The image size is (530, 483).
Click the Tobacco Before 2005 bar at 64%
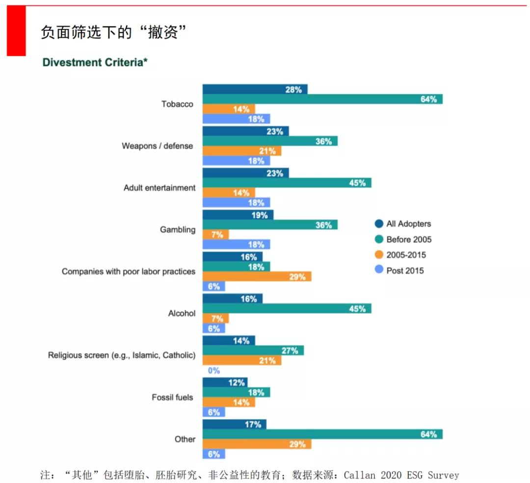point(322,99)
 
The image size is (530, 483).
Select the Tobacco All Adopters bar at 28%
point(255,89)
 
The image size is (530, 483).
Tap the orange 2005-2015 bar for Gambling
point(215,235)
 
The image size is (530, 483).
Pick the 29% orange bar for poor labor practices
point(257,277)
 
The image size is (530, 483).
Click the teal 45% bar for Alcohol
point(287,308)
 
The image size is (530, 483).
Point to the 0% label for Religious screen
point(214,371)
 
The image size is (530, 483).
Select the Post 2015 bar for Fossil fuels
point(214,412)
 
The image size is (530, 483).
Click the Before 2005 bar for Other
point(322,434)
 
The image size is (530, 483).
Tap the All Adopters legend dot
point(379,224)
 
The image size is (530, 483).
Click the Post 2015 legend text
point(405,271)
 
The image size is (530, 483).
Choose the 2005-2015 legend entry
point(406,255)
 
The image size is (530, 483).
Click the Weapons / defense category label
point(157,146)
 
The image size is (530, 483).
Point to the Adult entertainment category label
point(159,188)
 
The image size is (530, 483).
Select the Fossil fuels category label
point(172,397)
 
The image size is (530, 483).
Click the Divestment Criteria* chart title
point(95,62)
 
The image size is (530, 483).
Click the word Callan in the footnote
point(360,475)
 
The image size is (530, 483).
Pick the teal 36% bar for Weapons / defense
point(270,141)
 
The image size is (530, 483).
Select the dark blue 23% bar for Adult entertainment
point(245,173)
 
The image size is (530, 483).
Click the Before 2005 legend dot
point(379,240)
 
